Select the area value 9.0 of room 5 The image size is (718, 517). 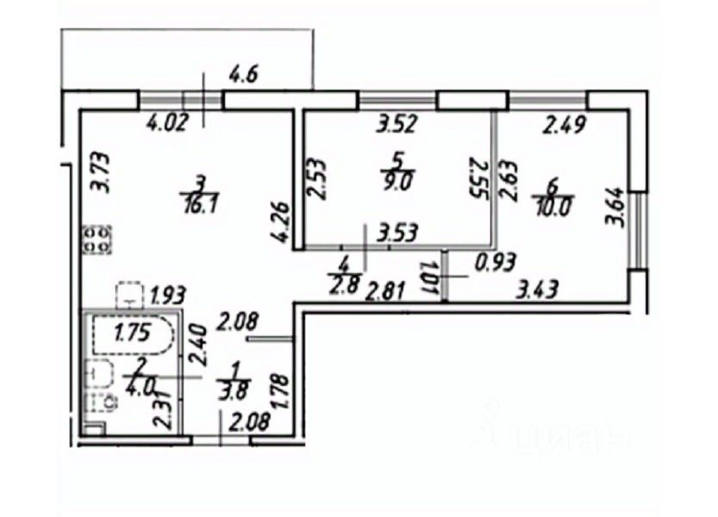(396, 181)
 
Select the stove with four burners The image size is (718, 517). (96, 240)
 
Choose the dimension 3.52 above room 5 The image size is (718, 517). (398, 123)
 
